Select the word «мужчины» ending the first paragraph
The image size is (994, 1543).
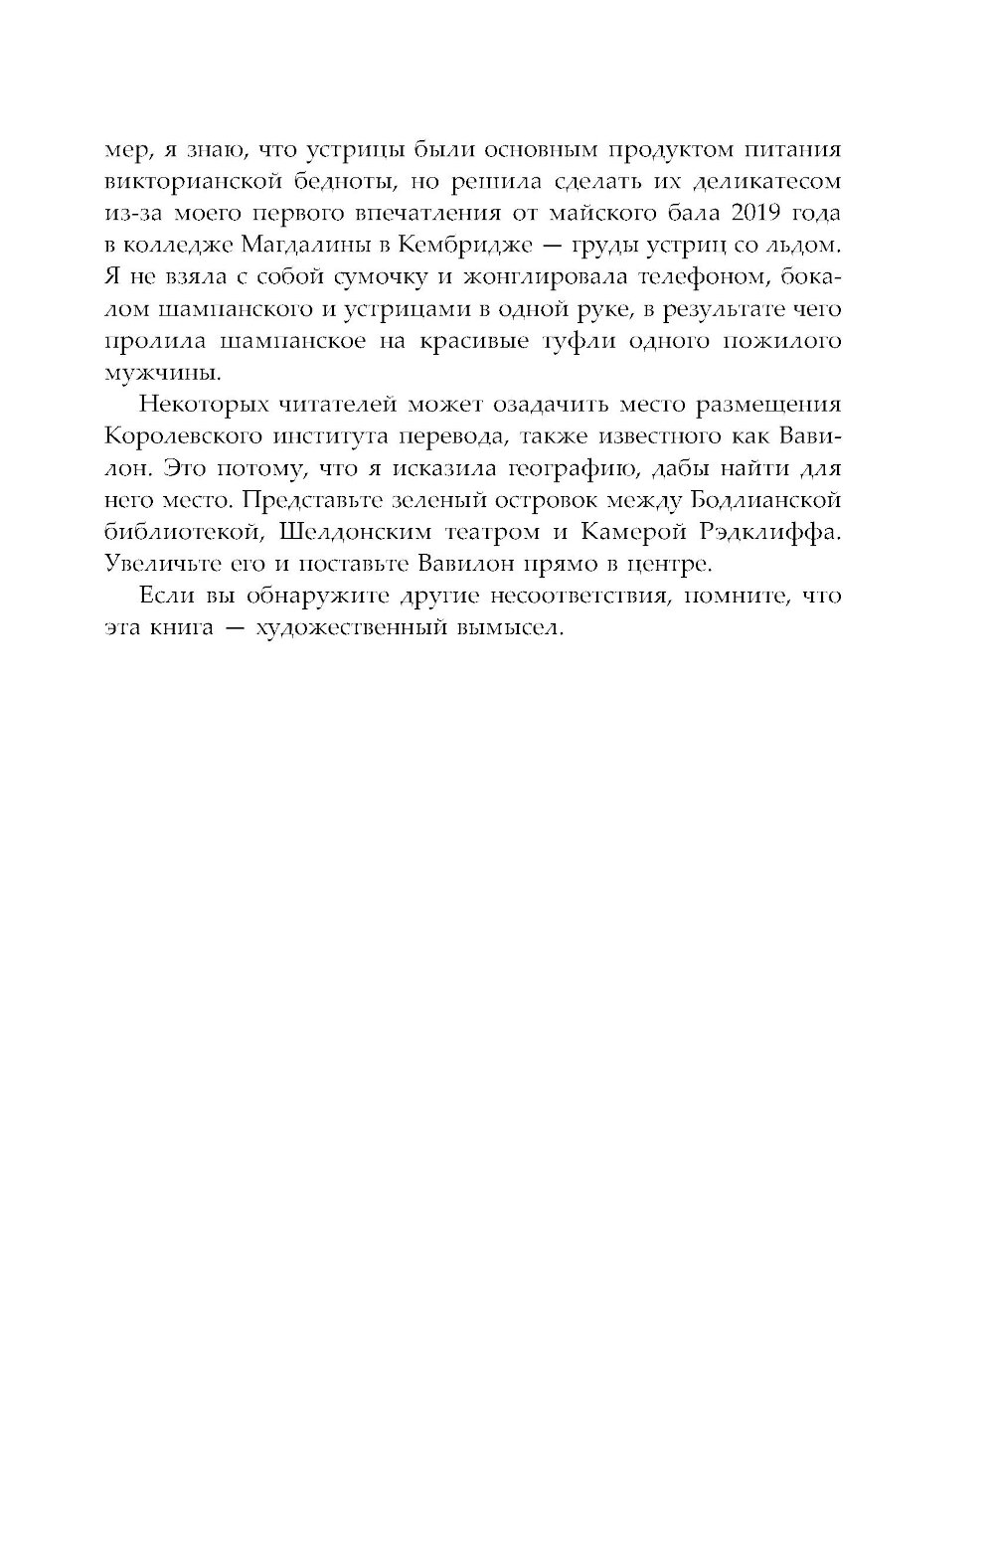click(x=156, y=373)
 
